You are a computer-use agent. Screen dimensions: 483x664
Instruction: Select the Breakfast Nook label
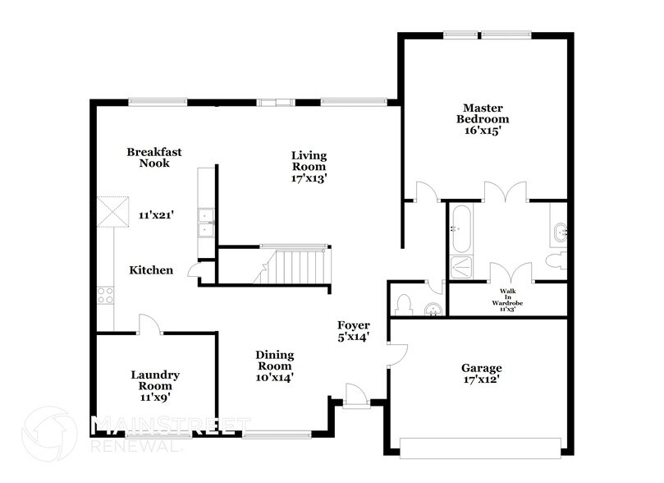tap(153, 157)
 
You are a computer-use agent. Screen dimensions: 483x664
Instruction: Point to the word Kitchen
tap(151, 269)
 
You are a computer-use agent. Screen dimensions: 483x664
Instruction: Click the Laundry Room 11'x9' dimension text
tap(155, 398)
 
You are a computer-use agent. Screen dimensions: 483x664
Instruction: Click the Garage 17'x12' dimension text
tap(481, 380)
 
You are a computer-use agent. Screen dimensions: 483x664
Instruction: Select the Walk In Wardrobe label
tap(507, 301)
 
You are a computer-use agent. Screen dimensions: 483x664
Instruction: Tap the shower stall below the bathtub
tap(460, 268)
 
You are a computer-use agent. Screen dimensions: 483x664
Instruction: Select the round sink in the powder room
tap(433, 310)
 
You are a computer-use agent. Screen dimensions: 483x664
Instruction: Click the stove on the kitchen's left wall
tap(105, 294)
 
